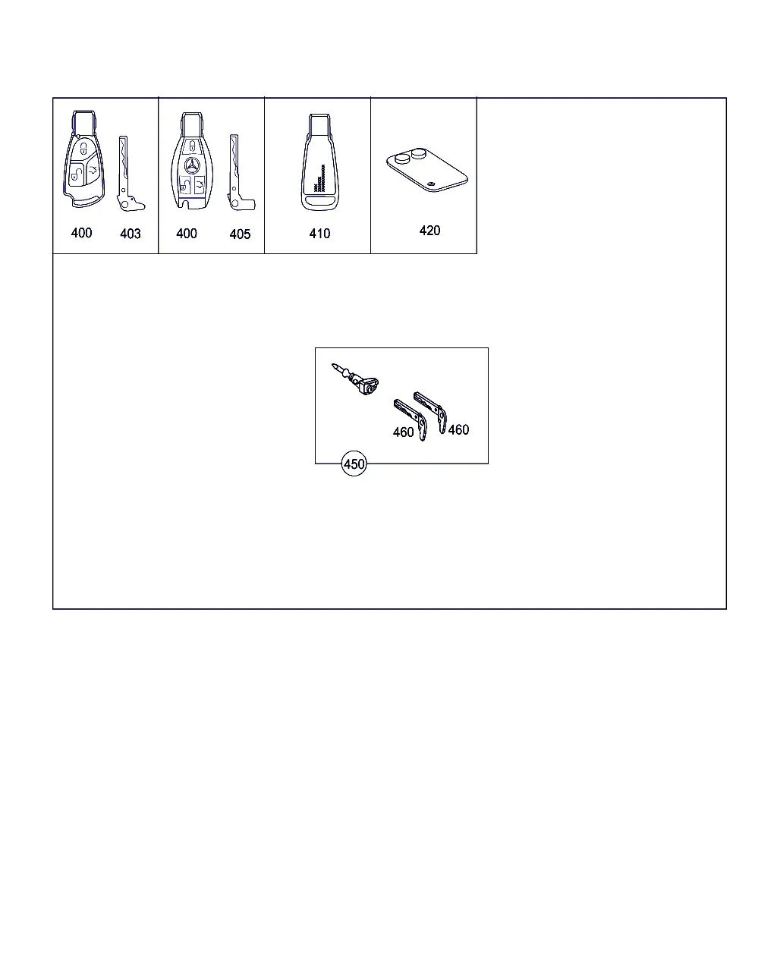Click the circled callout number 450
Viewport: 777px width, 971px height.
point(354,464)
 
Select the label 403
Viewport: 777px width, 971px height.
point(130,234)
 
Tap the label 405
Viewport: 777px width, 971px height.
point(240,234)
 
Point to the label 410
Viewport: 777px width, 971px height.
point(319,234)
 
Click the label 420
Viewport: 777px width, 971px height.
point(429,231)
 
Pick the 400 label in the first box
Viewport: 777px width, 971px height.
point(81,233)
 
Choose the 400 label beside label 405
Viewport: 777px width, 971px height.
point(187,234)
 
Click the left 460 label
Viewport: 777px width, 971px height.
point(403,432)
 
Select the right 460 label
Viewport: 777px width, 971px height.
point(458,429)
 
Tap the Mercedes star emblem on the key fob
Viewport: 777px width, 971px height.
point(192,165)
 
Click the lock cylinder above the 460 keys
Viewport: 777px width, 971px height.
point(356,379)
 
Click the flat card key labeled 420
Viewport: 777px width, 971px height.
point(426,170)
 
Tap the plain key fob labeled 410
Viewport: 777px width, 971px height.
point(319,162)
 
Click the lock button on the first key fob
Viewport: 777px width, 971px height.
point(84,148)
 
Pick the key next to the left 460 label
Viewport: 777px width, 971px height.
point(411,419)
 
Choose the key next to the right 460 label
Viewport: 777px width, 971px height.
point(431,411)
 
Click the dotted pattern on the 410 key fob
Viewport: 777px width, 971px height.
point(319,179)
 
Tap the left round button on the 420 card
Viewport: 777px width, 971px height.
point(402,158)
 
